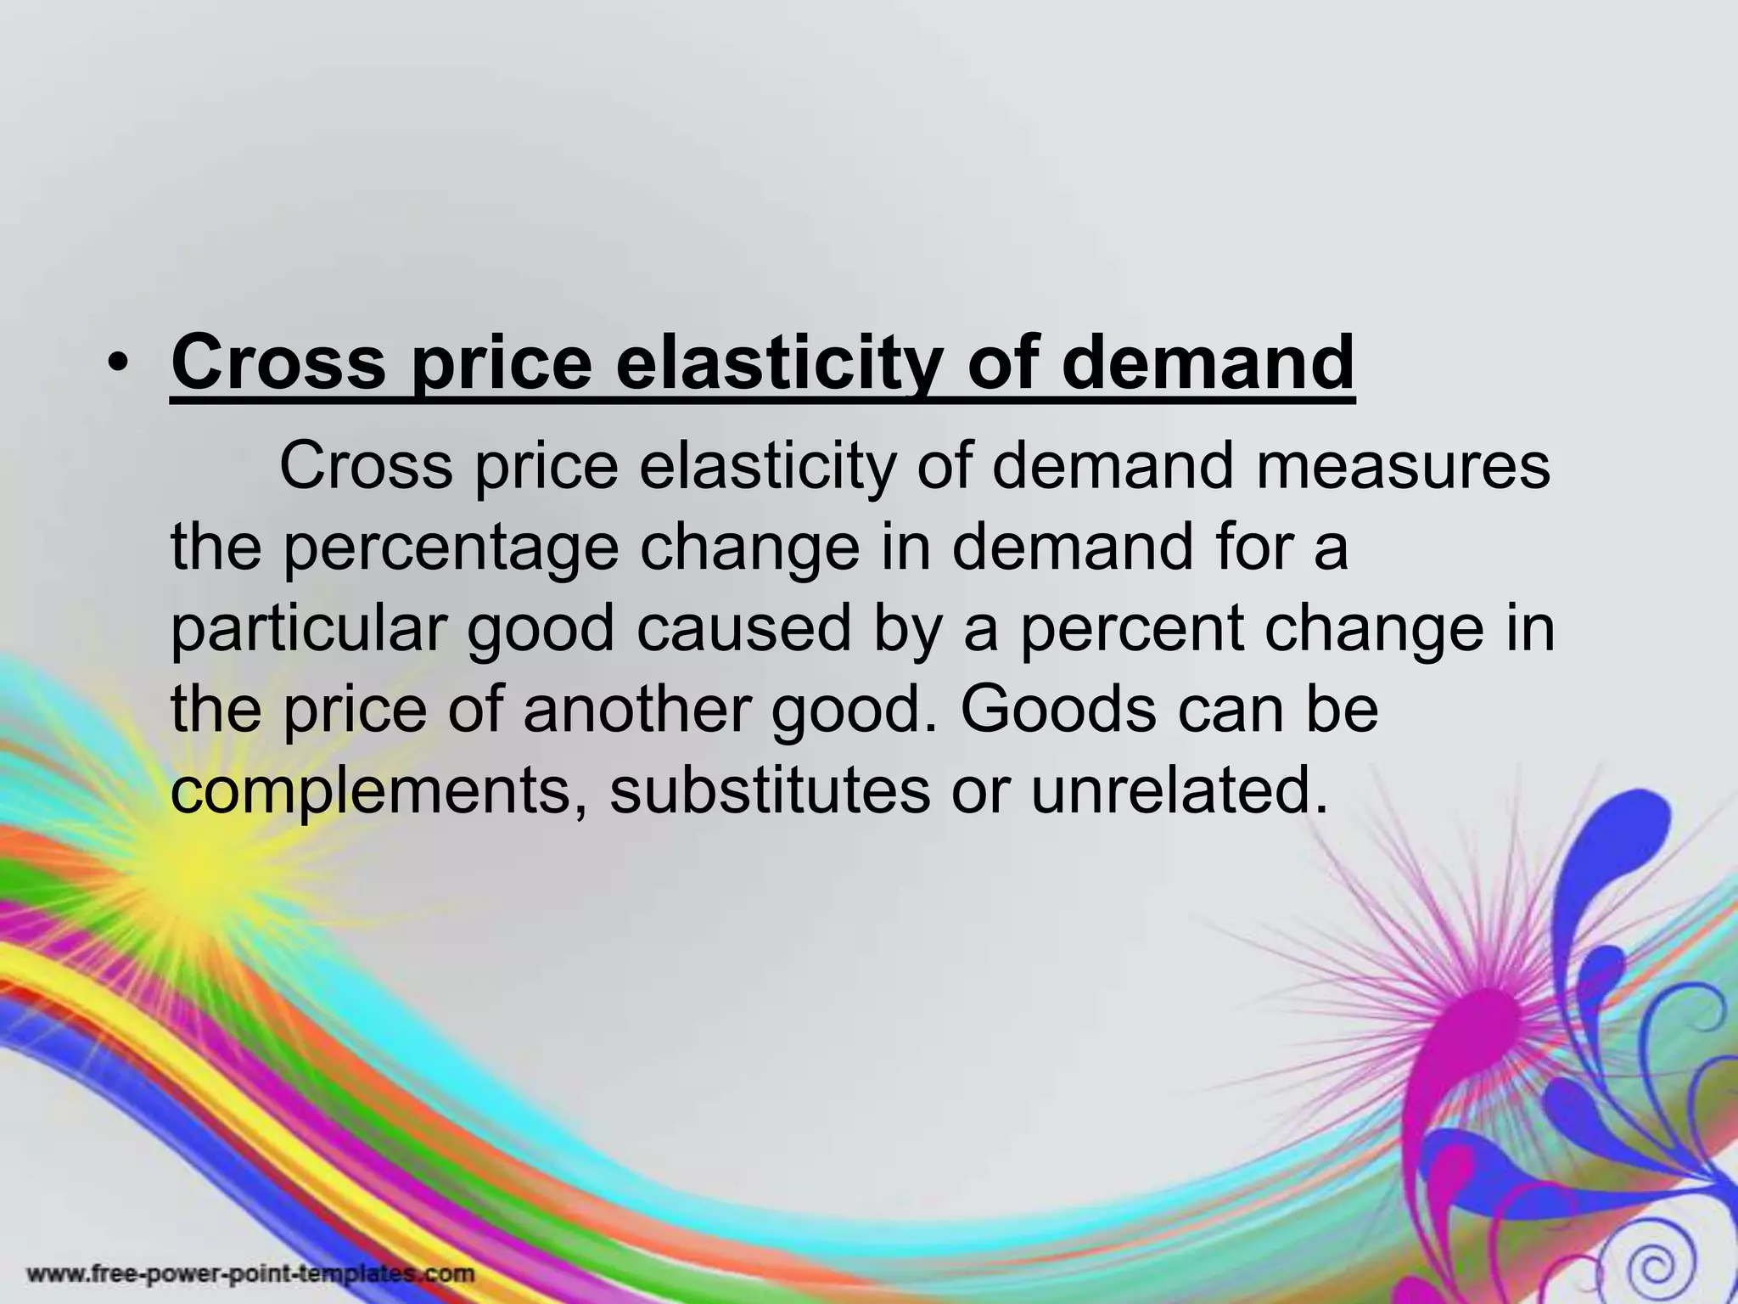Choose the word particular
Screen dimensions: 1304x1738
coord(309,630)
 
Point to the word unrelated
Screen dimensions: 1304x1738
coord(1179,790)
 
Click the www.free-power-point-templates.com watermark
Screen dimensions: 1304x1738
coord(251,1274)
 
